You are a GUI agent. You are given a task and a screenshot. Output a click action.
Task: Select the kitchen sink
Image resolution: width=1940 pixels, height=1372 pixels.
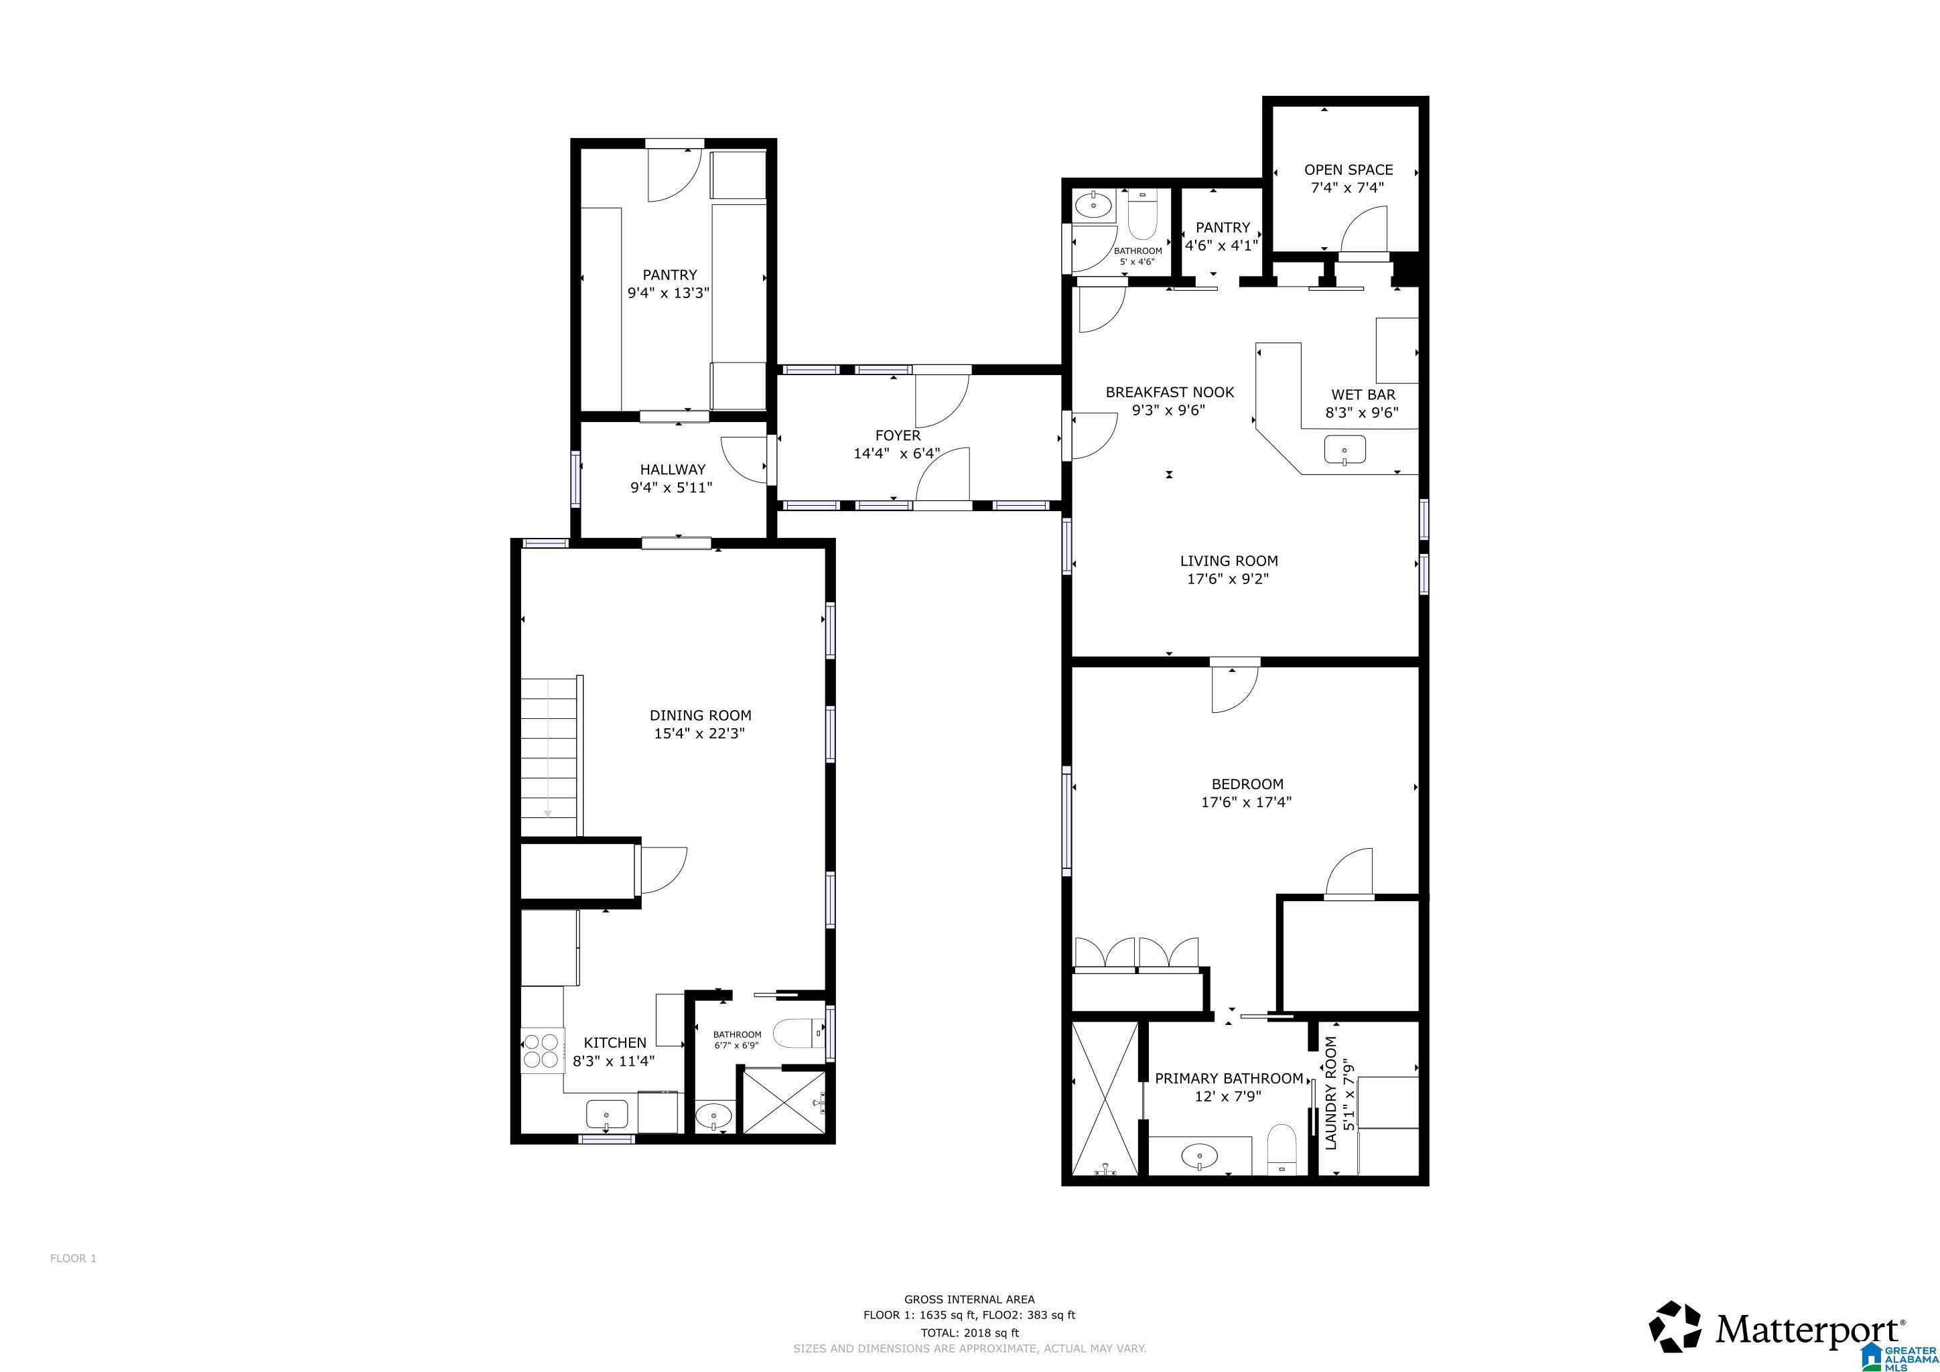pos(607,1114)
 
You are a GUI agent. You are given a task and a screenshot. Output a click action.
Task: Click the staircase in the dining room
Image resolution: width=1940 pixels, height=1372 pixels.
pos(550,756)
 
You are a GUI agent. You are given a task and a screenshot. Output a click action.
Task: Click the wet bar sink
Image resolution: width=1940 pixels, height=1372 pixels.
pos(1344,450)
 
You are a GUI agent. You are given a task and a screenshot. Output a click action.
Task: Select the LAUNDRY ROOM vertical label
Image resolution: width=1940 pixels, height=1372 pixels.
pos(1332,1093)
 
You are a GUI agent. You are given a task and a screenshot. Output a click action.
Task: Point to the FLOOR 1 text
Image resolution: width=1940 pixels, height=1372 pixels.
pos(74,1258)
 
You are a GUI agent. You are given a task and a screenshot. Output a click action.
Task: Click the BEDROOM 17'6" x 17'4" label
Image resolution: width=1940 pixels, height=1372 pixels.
pos(1246,793)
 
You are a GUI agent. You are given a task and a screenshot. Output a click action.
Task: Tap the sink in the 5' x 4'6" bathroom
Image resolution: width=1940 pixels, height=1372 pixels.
pos(1093,204)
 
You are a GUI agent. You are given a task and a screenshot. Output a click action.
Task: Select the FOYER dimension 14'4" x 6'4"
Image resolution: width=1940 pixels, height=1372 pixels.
pos(896,454)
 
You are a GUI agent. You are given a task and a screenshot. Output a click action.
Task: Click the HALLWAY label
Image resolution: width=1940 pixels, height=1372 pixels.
pos(672,470)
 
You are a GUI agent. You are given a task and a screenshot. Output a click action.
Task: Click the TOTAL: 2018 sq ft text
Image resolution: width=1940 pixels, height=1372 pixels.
pos(969,1333)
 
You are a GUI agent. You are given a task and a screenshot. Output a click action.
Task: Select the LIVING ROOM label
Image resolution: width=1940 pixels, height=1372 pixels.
pos(1229,561)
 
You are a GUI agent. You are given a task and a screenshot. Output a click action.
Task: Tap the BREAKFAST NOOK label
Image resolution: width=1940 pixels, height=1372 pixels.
pos(1170,392)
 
